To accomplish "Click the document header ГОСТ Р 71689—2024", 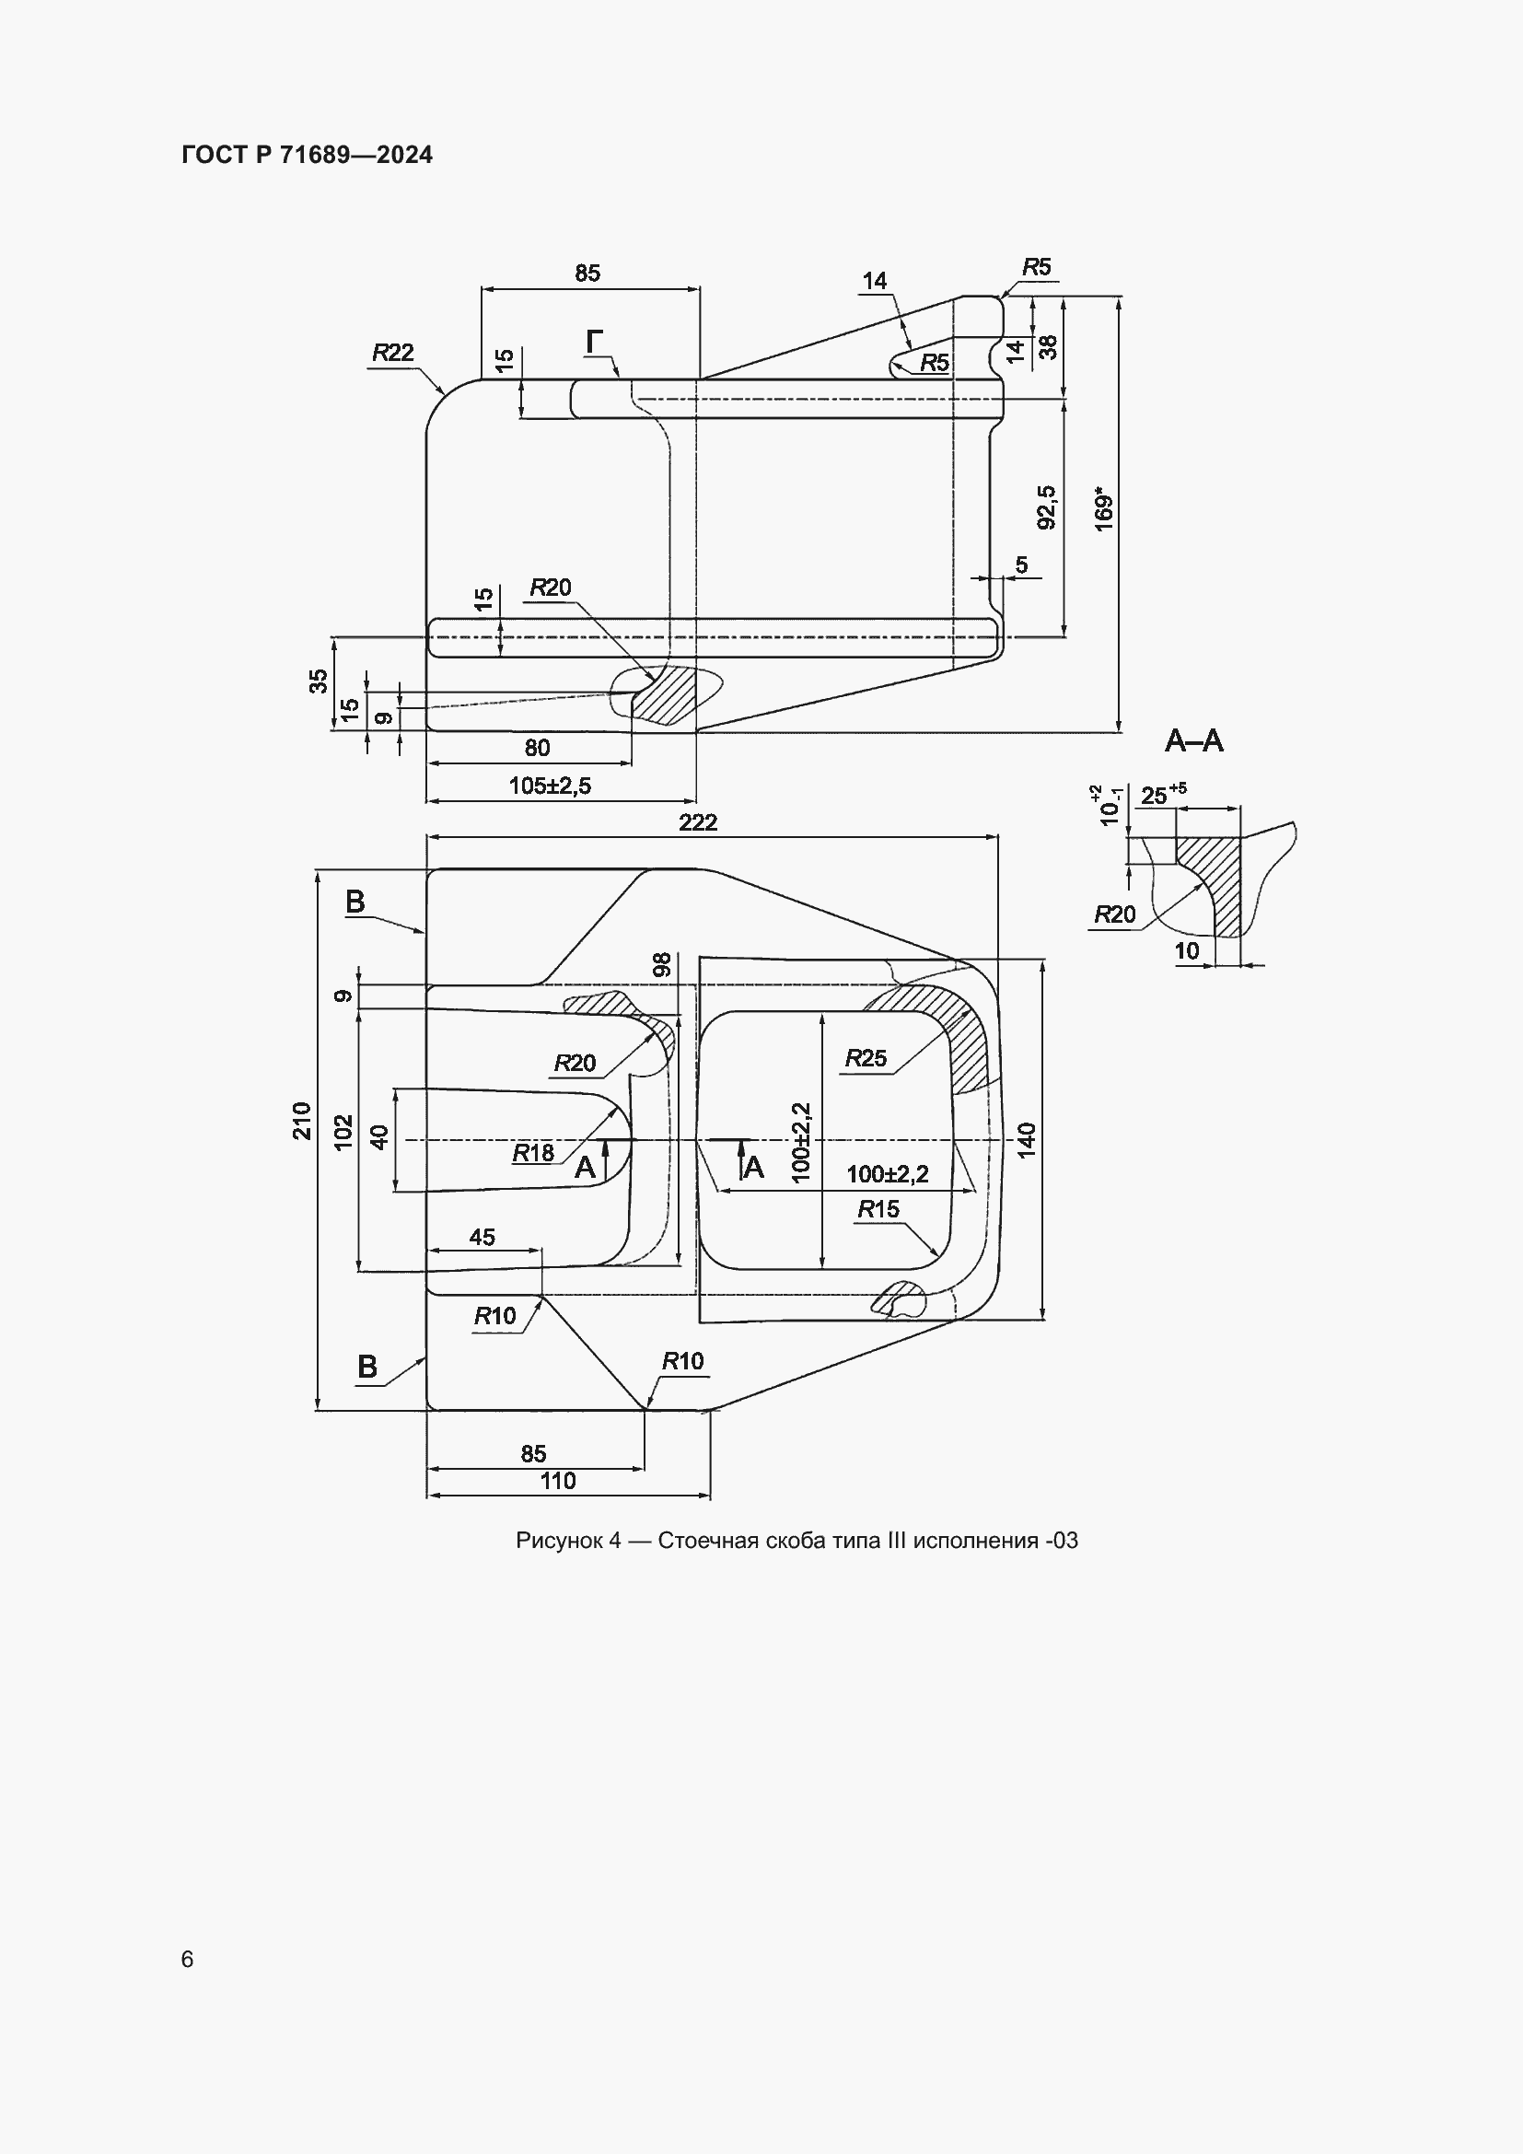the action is coord(308,155).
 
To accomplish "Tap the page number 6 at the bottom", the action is coord(188,1959).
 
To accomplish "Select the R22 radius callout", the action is coord(393,353).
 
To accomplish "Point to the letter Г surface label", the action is coord(595,343).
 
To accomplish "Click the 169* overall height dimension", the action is coord(1105,509).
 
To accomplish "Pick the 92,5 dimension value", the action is coord(1047,506).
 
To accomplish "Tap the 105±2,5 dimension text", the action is coord(551,786).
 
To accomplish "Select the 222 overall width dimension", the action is coord(699,821).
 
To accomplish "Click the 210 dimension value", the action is coord(302,1120).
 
